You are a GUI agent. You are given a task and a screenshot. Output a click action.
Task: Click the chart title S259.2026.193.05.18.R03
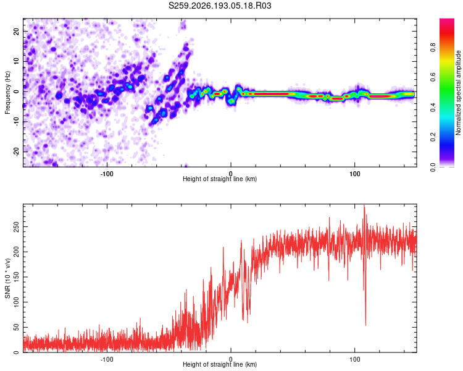(x=220, y=6)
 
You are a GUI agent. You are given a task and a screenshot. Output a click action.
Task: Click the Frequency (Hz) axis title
(x=7, y=93)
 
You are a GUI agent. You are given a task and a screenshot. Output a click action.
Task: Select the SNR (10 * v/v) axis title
(x=7, y=278)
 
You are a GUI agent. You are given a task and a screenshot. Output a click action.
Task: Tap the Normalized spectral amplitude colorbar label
(x=458, y=93)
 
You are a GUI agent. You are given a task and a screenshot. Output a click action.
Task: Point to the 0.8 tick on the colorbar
(x=433, y=47)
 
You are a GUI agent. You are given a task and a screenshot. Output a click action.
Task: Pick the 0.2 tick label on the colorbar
(x=433, y=137)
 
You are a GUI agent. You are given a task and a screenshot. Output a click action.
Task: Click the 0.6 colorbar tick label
(x=433, y=77)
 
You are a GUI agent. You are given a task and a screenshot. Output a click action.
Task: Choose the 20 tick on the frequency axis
(x=16, y=31)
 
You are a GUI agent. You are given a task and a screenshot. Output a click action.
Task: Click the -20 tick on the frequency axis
(x=16, y=152)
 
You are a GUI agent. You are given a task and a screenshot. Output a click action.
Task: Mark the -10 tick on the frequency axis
(x=16, y=122)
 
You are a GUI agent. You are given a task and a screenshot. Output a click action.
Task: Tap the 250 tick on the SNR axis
(x=16, y=227)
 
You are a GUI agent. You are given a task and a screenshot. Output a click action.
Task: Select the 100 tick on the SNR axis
(x=16, y=302)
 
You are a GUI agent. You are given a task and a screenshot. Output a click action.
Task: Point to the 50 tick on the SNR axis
(x=16, y=328)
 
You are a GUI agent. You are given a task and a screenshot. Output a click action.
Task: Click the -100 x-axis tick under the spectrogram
(x=107, y=174)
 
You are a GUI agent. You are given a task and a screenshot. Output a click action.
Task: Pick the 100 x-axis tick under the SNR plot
(x=354, y=359)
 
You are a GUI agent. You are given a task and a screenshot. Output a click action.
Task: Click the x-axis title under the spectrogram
(x=220, y=179)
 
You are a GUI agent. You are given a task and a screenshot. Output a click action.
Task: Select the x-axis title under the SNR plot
(x=220, y=364)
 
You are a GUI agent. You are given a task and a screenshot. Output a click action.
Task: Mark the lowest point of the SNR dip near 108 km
(x=365, y=325)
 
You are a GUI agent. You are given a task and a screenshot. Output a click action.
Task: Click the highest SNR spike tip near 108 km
(x=364, y=205)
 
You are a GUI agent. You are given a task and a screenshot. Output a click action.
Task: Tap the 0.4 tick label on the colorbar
(x=433, y=107)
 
